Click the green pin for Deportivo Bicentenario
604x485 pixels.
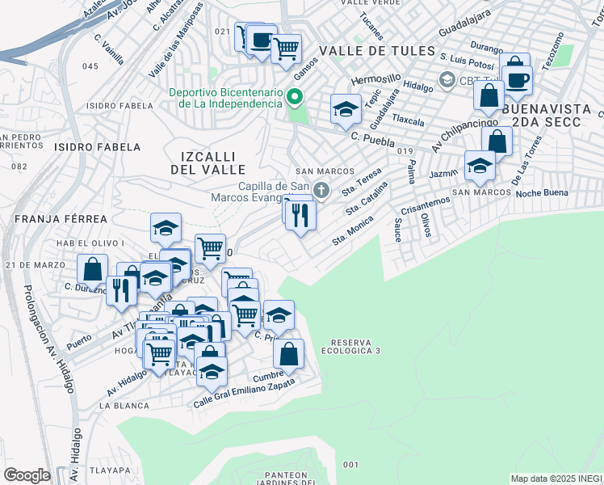(x=295, y=99)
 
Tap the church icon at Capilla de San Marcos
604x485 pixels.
(x=322, y=191)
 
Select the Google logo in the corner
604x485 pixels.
(x=27, y=475)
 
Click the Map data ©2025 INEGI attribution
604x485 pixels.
(x=556, y=479)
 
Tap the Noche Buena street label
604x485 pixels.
(x=542, y=192)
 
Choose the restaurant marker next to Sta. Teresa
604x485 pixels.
(x=301, y=216)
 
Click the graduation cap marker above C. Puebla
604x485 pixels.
(x=346, y=109)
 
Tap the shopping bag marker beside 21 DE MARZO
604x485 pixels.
(x=93, y=268)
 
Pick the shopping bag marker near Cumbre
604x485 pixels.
(x=288, y=353)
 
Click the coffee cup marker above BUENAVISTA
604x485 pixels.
(x=517, y=79)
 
